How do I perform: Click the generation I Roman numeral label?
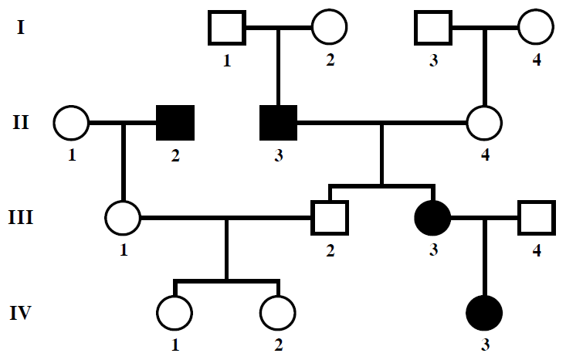[21, 29]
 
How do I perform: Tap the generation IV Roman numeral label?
[22, 314]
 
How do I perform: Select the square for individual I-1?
[227, 29]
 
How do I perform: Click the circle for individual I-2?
[330, 29]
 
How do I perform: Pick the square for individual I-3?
[433, 29]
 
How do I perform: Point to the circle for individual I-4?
[536, 29]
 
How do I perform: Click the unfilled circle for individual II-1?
[72, 123]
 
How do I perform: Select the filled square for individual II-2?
[175, 123]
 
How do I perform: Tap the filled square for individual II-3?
[278, 123]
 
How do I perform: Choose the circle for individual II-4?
[485, 123]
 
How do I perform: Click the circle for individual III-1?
[124, 218]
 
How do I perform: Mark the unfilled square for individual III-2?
[330, 218]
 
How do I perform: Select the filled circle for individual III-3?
[433, 218]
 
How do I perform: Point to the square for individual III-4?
[536, 218]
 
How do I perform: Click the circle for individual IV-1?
[175, 314]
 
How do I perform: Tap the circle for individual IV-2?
[278, 314]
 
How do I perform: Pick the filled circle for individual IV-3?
[485, 314]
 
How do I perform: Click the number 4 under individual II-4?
[485, 157]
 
